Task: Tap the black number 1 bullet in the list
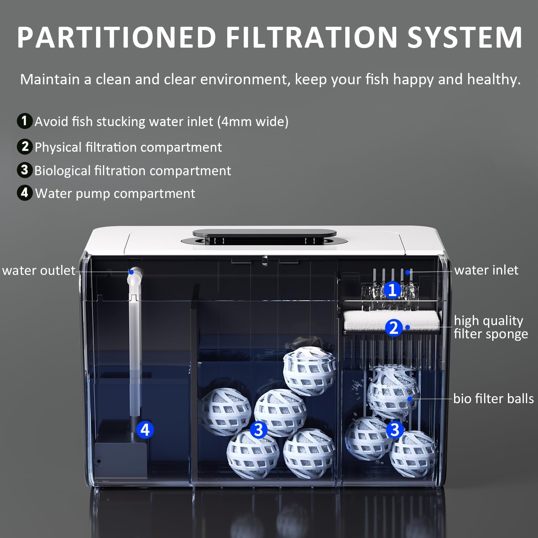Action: pos(25,121)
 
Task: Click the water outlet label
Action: pos(38,270)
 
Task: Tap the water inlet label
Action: pos(486,270)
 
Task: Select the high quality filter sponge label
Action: pos(490,327)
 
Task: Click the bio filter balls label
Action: pos(493,398)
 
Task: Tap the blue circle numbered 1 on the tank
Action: pos(392,290)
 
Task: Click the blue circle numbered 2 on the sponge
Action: pos(394,328)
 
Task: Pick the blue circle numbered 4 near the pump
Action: pos(145,430)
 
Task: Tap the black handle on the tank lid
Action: pos(264,233)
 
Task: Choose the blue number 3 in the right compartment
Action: pos(394,430)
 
